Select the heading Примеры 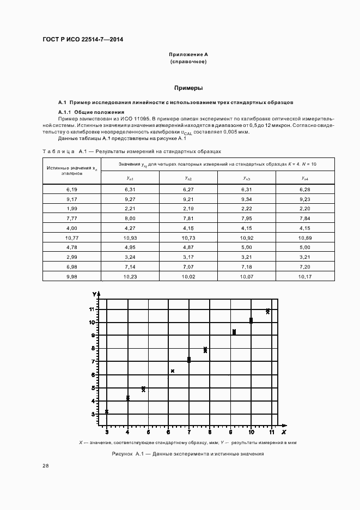point(188,87)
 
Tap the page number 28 point(46,465)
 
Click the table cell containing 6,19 point(72,189)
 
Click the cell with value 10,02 point(188,276)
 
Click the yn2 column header point(188,178)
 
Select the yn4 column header point(305,178)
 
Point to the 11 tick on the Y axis point(93,309)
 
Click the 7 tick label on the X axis point(189,432)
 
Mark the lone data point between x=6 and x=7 point(172,371)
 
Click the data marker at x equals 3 point(107,411)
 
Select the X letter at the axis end point(284,433)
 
